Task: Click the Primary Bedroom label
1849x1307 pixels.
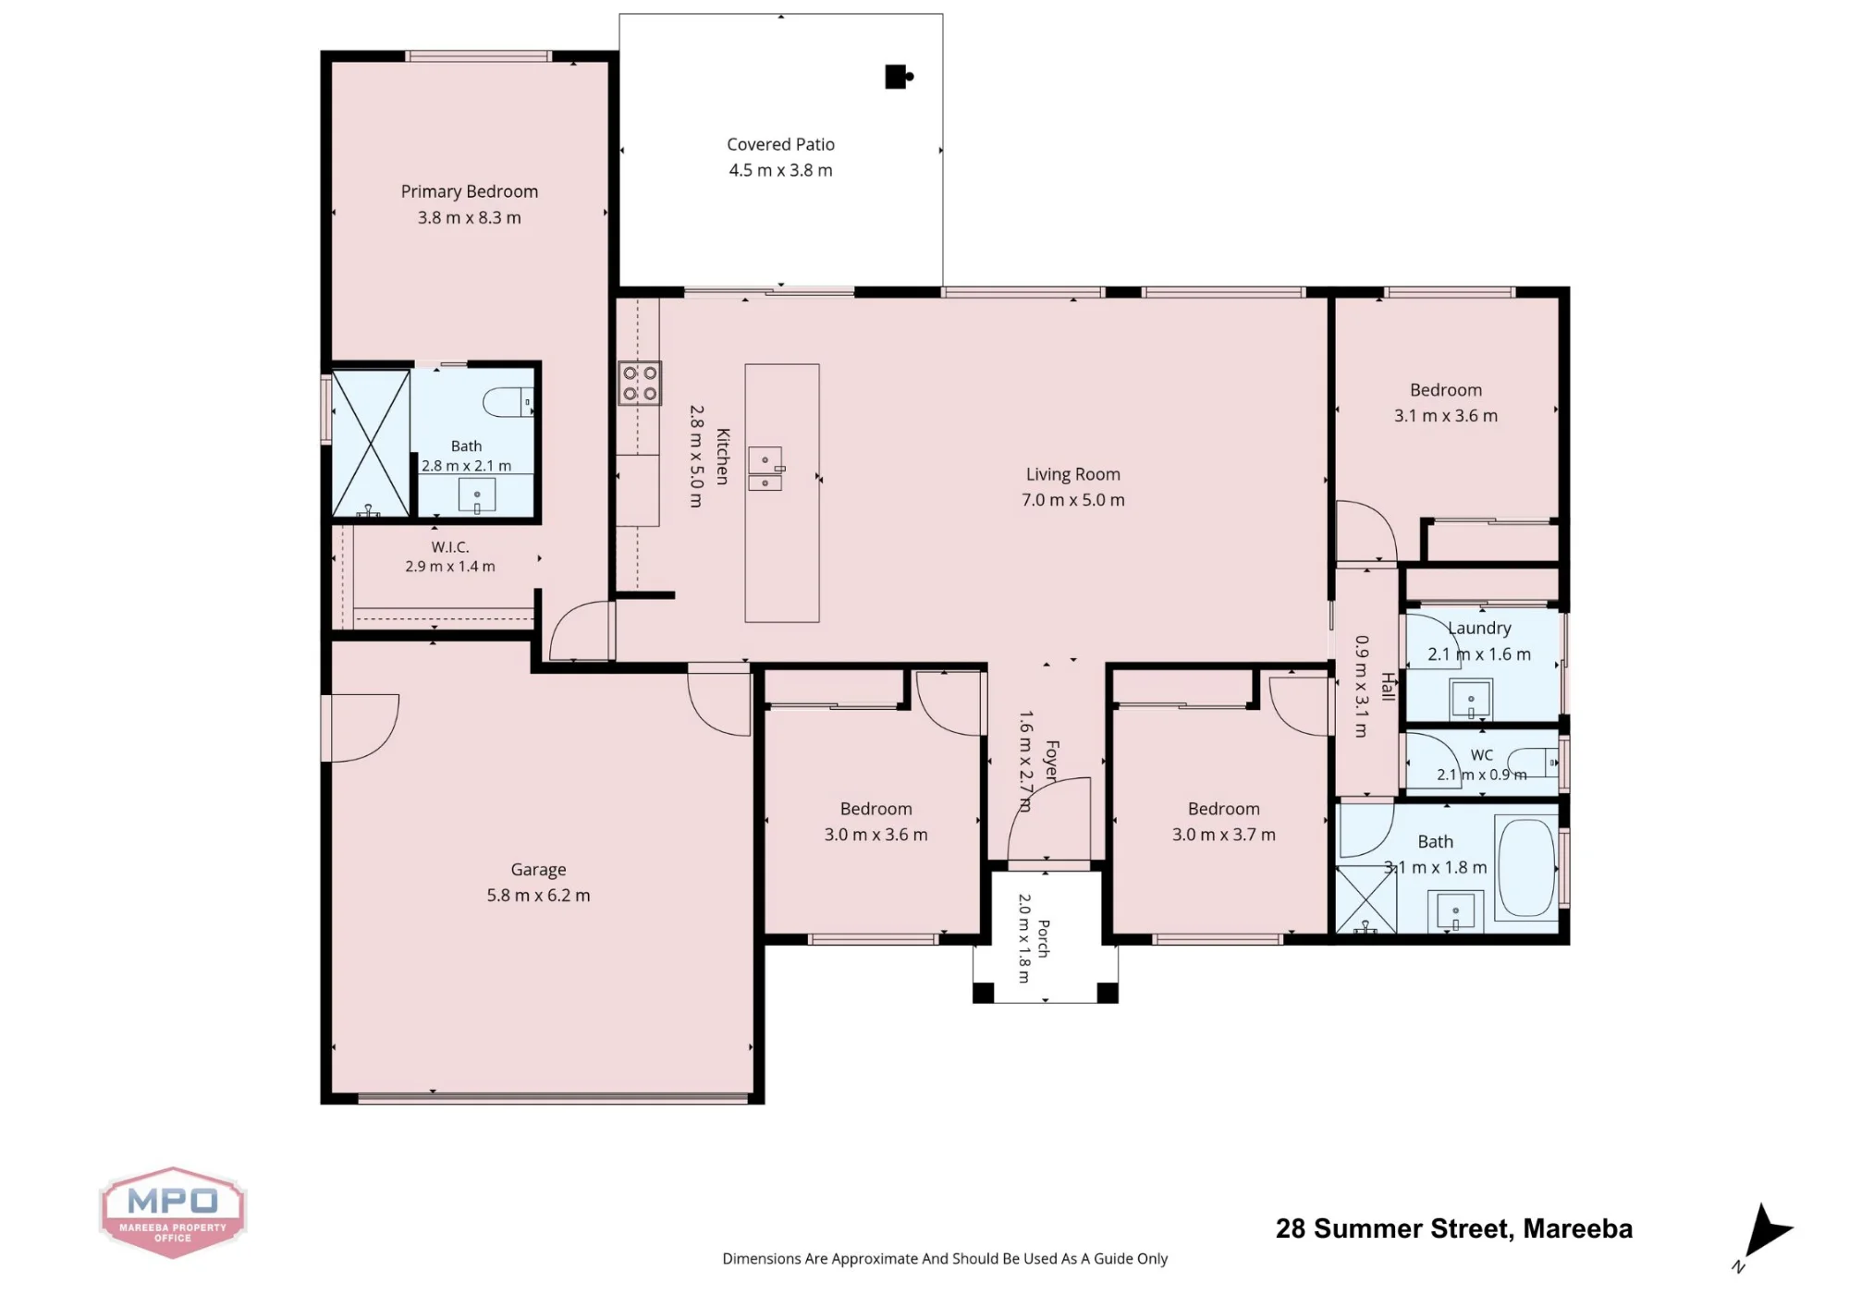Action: click(x=469, y=191)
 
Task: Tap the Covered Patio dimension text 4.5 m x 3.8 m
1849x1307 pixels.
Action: click(x=780, y=170)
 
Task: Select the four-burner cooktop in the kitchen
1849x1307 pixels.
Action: click(x=640, y=384)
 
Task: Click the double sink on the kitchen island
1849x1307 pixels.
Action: click(x=766, y=469)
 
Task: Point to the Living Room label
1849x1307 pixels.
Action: click(x=1072, y=474)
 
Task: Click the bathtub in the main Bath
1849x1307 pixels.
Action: click(x=1525, y=867)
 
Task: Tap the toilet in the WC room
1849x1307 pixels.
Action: click(x=1534, y=763)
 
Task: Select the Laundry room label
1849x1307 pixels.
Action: click(x=1479, y=628)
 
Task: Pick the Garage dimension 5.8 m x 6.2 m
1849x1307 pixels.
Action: click(x=538, y=895)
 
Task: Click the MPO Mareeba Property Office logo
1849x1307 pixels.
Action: click(x=173, y=1212)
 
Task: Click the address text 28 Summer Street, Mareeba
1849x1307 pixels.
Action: click(x=1453, y=1228)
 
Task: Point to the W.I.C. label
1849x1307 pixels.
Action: click(x=450, y=547)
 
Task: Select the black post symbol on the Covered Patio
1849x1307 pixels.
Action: click(x=899, y=77)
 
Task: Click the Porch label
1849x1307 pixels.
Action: click(x=1044, y=938)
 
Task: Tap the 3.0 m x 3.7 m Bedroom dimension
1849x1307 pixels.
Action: click(x=1223, y=835)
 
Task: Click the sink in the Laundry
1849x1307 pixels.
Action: click(x=1470, y=700)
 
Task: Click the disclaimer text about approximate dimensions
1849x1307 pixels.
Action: click(x=945, y=1259)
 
